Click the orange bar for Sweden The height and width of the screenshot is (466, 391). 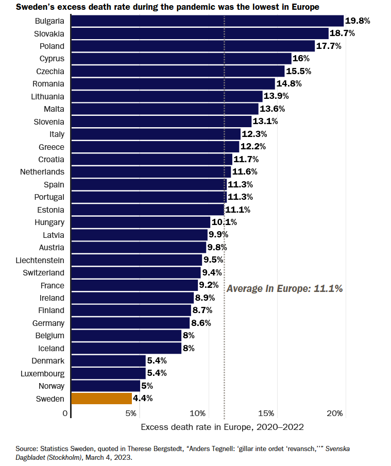coord(101,399)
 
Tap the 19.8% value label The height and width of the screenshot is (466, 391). coord(358,21)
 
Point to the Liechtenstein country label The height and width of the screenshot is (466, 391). coord(40,261)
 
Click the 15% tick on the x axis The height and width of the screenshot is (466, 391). coord(266,413)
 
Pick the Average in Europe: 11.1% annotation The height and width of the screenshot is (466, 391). coord(285,289)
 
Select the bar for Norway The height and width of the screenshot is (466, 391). coord(106,386)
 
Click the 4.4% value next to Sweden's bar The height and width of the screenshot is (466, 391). coord(143,399)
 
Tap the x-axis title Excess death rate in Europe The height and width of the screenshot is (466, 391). coord(222,427)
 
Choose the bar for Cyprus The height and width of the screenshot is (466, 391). coord(181,59)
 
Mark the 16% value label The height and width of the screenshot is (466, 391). coord(301,59)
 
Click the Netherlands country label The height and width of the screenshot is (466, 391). coord(42,172)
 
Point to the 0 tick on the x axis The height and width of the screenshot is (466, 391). coord(65,413)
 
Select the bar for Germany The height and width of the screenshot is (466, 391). coord(130,323)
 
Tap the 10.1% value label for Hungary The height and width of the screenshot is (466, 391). coord(224,222)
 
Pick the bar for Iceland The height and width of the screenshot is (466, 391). coord(126,349)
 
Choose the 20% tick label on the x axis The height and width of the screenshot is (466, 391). coord(335,413)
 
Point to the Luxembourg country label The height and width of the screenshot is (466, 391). coord(43,373)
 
